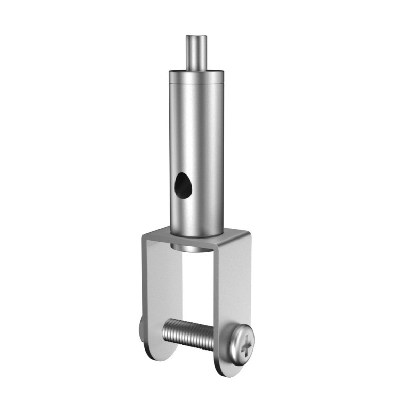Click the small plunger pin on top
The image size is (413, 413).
point(197,52)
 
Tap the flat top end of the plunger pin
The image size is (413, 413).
point(197,37)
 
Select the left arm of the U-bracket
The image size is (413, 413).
point(155,289)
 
